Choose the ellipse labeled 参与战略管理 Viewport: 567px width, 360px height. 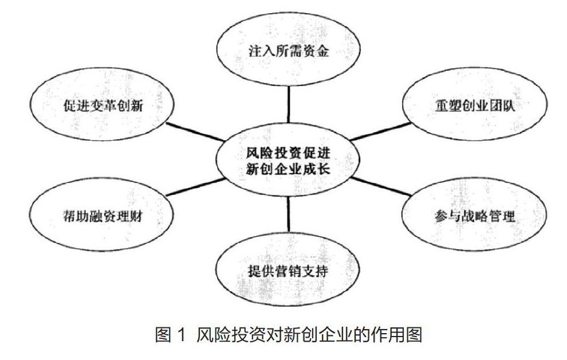[x=475, y=217]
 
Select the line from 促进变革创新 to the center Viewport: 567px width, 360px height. [x=195, y=131]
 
